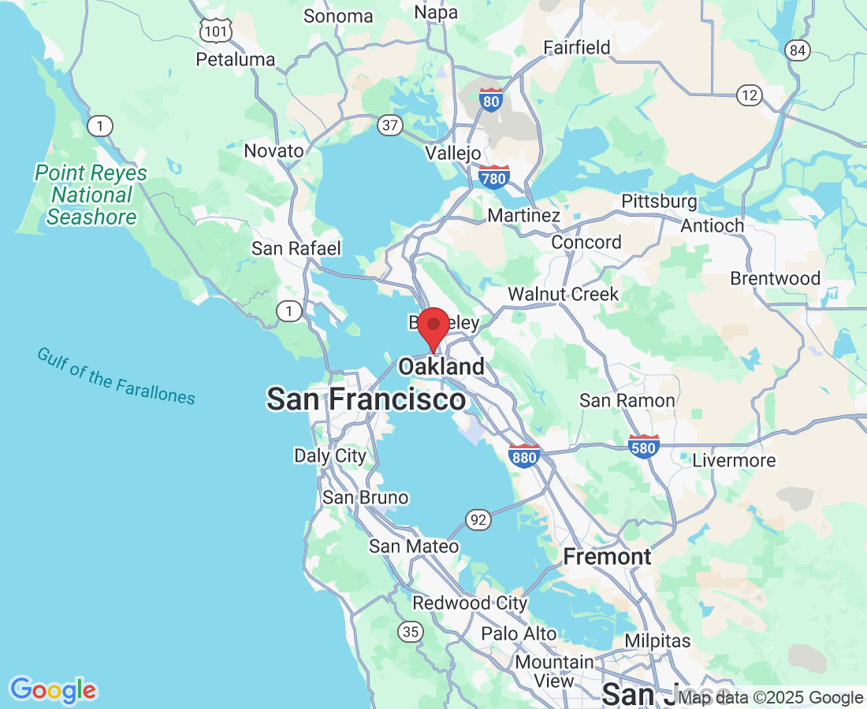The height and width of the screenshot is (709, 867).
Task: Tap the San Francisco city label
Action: pos(366,399)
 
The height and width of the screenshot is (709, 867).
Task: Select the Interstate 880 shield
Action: pos(524,455)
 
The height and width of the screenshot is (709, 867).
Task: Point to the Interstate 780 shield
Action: pos(493,177)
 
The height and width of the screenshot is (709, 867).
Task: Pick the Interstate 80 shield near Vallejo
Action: pos(490,100)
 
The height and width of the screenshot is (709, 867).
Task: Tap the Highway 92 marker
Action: pos(477,519)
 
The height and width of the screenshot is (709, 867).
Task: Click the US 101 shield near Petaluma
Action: pos(215,31)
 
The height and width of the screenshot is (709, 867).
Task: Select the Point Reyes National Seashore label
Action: pos(91,195)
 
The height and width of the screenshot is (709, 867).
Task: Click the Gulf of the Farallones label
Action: pos(116,376)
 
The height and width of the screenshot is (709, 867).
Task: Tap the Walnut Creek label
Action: pos(563,295)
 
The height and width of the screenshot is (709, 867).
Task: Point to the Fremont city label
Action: pos(607,557)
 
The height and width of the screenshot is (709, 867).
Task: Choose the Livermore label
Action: pos(734,460)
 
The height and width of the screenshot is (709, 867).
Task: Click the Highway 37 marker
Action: pos(389,124)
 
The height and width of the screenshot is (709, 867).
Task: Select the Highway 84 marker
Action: pos(798,50)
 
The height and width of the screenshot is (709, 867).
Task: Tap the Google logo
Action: pos(53,691)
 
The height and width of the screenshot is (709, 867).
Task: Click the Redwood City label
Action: pos(470,603)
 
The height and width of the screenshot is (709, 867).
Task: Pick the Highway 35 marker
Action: pos(410,631)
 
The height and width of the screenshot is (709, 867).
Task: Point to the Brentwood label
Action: pos(775,278)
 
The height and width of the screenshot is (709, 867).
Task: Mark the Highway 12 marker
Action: pos(750,95)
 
